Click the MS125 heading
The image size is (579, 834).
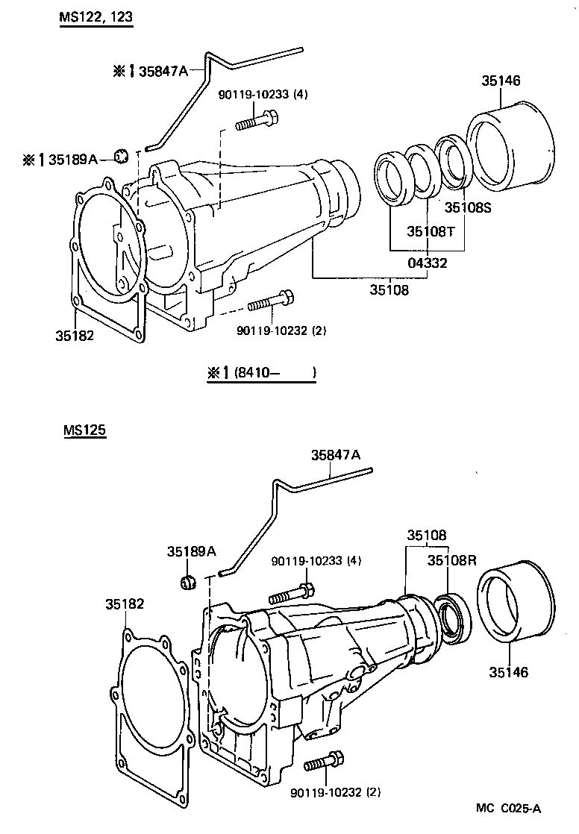[x=84, y=431]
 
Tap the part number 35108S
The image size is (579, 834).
[x=469, y=208]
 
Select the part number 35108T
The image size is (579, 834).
[x=431, y=232]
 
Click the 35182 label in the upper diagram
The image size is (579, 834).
[x=74, y=336]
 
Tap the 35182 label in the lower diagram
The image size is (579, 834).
[x=124, y=603]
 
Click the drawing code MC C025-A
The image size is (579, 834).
[x=509, y=808]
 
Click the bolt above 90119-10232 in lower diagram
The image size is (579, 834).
[x=324, y=762]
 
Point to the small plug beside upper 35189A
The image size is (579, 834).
[x=122, y=155]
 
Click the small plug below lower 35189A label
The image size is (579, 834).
[x=188, y=580]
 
